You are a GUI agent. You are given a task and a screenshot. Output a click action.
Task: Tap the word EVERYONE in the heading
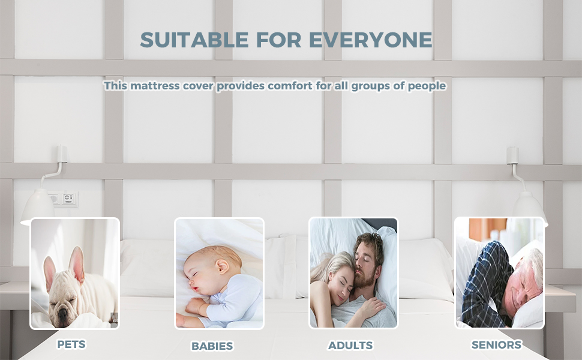pos(371,40)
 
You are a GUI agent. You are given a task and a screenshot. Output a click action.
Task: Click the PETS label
pos(71,344)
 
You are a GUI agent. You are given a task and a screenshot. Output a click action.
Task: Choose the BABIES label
pos(212,346)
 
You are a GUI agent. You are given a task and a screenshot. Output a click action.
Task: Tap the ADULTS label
pos(350,346)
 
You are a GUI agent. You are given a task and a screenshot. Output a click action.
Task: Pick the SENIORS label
pos(496,345)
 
